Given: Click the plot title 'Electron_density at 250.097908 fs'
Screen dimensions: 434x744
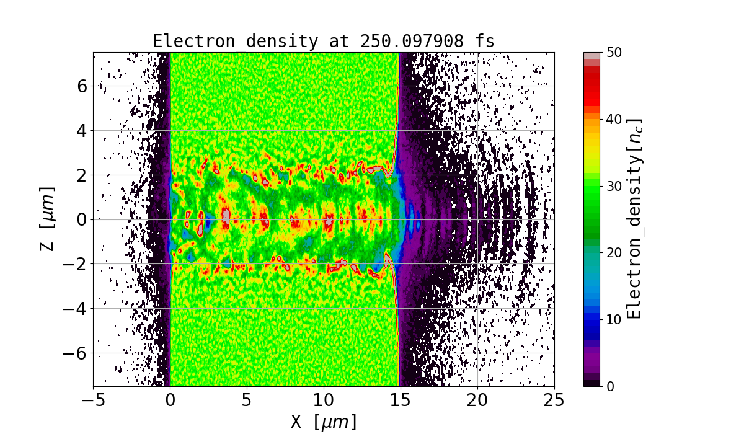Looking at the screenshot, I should (324, 42).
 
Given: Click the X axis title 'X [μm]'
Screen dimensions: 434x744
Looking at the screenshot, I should (324, 422).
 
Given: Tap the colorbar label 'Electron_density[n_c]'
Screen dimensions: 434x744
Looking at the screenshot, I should (634, 219).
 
